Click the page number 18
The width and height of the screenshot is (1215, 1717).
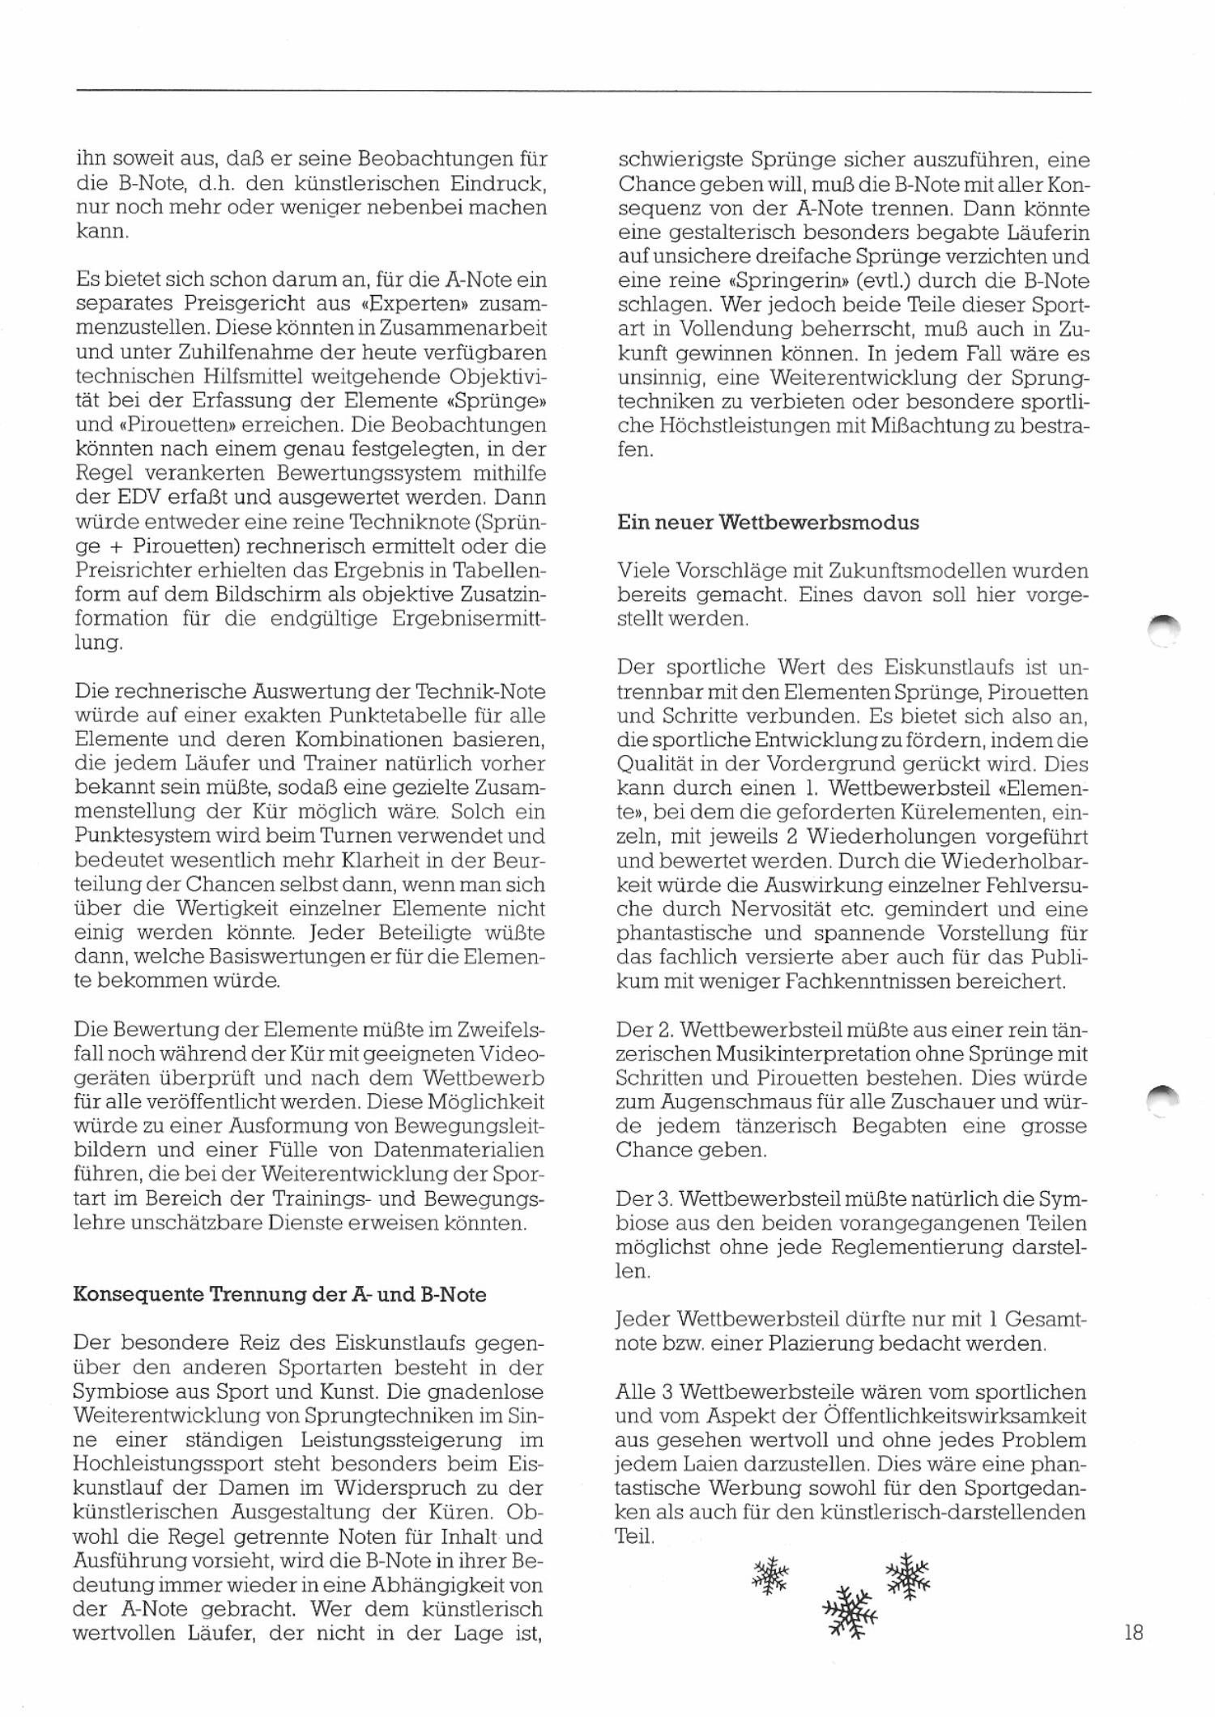click(x=1133, y=1632)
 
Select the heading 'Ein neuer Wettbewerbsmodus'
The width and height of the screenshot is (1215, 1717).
click(x=768, y=523)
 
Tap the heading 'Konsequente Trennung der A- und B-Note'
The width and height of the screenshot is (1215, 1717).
click(x=279, y=1294)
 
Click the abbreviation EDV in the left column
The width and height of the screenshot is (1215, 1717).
click(x=123, y=497)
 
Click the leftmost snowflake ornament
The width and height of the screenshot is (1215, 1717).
click(x=770, y=1575)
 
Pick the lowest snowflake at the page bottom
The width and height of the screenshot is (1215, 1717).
click(x=850, y=1609)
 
